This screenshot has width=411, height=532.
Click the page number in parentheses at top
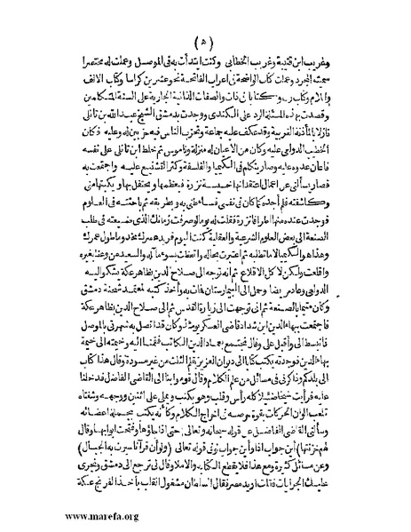tap(202, 41)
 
